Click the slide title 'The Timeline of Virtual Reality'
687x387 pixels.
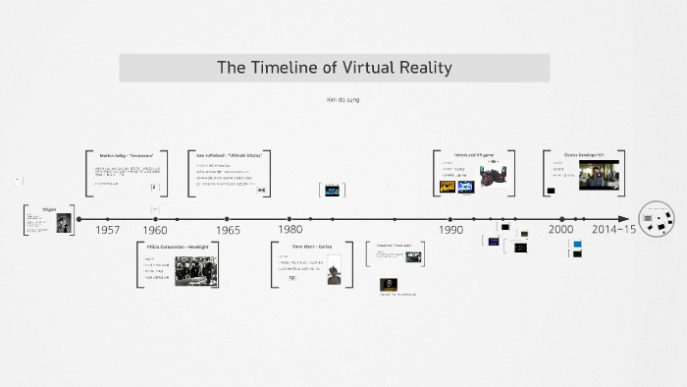(x=334, y=68)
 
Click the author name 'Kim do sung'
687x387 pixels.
(x=343, y=100)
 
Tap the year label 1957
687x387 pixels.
(x=108, y=230)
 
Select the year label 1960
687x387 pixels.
(x=155, y=230)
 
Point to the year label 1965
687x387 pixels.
(x=227, y=230)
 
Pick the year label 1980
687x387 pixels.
(x=290, y=230)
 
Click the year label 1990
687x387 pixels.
(x=450, y=230)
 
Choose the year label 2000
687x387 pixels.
(x=561, y=230)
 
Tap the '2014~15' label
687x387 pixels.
(x=613, y=230)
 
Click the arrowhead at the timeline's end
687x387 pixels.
(x=623, y=219)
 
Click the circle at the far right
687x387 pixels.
(x=657, y=220)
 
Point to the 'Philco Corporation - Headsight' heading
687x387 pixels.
(x=178, y=247)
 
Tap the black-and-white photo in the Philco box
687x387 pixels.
(x=195, y=270)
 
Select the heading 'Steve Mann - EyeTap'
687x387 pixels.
(x=312, y=247)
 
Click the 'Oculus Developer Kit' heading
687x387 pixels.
(x=583, y=155)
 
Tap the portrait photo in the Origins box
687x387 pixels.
(x=63, y=223)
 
